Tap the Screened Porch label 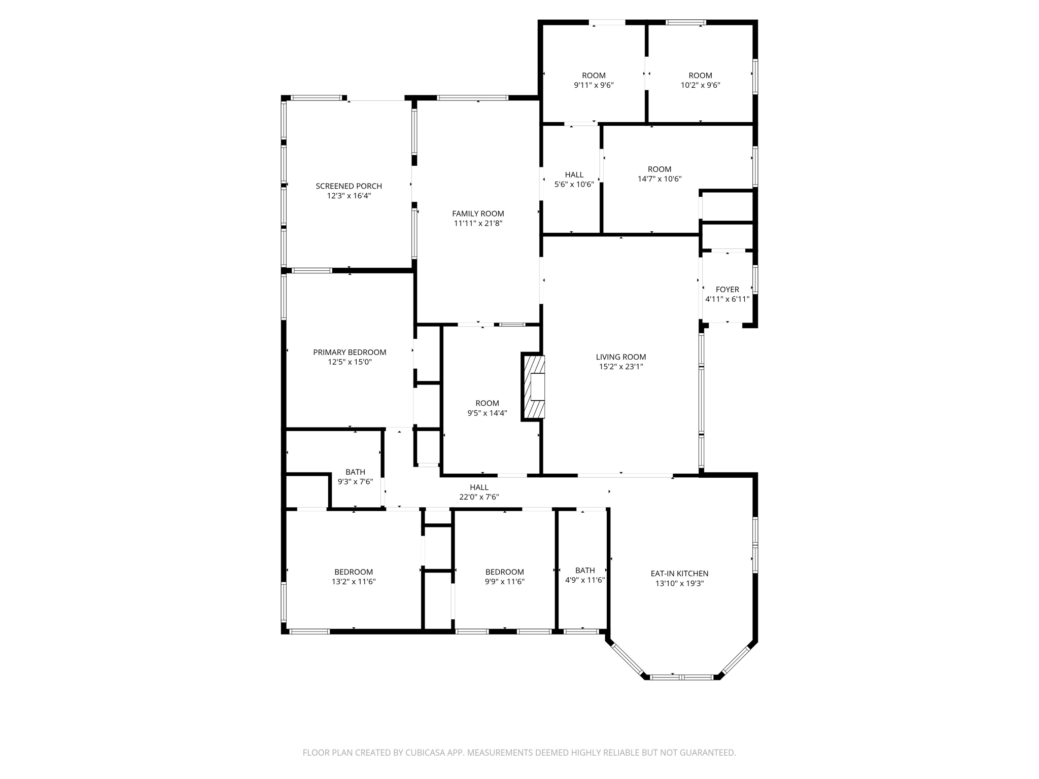(349, 186)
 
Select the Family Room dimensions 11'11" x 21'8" (478, 223)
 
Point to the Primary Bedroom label (350, 352)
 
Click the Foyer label (727, 289)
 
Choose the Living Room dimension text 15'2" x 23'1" (621, 367)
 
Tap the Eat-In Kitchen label (679, 574)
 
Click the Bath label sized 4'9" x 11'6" (585, 571)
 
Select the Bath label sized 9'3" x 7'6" (355, 472)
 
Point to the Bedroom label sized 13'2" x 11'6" (354, 572)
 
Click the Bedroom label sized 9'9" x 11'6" (504, 572)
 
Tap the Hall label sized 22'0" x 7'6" (479, 487)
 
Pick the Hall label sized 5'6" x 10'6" (574, 175)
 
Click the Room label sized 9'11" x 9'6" (594, 76)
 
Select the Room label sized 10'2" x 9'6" (700, 76)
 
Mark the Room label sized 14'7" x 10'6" (659, 169)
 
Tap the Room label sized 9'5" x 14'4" (487, 403)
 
